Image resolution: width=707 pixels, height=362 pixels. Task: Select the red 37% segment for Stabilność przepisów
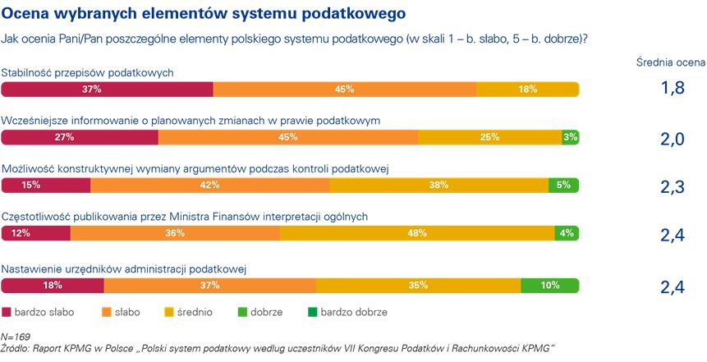coord(107,89)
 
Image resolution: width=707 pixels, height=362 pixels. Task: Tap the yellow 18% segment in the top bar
coord(527,89)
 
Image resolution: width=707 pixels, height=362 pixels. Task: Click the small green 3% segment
coord(570,138)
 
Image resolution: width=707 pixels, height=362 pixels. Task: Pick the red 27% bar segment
coord(80,138)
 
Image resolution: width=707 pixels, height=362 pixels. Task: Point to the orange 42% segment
coord(209,186)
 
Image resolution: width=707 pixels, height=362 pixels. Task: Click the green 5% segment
coord(563,186)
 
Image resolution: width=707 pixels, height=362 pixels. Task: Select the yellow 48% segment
coord(417,234)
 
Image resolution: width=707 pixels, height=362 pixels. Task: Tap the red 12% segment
coord(36,234)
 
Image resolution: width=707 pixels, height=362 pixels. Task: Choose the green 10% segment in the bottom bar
coord(549,286)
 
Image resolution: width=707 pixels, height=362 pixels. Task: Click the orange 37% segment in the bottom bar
coord(209,286)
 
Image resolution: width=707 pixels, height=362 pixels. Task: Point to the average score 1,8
coord(672,89)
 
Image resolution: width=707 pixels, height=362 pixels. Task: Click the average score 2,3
coord(672,187)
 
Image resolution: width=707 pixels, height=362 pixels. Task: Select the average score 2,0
coord(672,139)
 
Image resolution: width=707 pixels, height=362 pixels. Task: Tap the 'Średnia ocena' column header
coord(671,62)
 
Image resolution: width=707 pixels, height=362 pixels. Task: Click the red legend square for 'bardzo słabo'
coord(7,312)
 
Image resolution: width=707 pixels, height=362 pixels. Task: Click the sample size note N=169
coord(16,337)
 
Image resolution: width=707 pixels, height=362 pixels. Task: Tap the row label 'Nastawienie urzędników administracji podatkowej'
coord(125,268)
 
